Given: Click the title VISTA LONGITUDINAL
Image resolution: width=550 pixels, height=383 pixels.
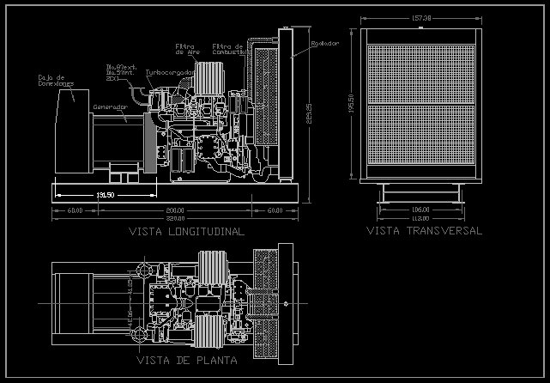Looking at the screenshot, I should pyautogui.click(x=186, y=232).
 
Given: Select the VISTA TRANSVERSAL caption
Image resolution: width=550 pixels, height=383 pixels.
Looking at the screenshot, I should pyautogui.click(x=424, y=231).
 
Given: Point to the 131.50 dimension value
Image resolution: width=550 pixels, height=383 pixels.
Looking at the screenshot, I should pyautogui.click(x=106, y=195).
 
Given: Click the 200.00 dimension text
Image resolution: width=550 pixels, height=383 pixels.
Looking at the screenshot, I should pyautogui.click(x=176, y=210).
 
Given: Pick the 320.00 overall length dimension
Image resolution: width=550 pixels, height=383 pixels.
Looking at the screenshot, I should pyautogui.click(x=176, y=218).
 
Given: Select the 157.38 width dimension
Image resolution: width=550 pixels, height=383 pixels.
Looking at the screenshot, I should pyautogui.click(x=420, y=17).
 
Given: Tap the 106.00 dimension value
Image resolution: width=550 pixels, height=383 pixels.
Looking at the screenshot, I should pyautogui.click(x=420, y=210).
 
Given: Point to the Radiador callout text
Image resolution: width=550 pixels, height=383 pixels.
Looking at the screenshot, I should pyautogui.click(x=325, y=42).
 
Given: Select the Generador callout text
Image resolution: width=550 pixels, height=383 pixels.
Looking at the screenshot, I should pyautogui.click(x=109, y=107).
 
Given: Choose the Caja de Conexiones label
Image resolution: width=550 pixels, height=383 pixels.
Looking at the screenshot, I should pyautogui.click(x=55, y=81).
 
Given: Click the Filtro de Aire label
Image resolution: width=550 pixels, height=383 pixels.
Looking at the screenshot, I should pyautogui.click(x=188, y=48).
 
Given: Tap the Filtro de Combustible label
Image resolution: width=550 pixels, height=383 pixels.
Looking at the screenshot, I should pyautogui.click(x=228, y=48).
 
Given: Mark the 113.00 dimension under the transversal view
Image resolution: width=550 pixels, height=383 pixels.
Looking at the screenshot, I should pyautogui.click(x=420, y=217).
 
